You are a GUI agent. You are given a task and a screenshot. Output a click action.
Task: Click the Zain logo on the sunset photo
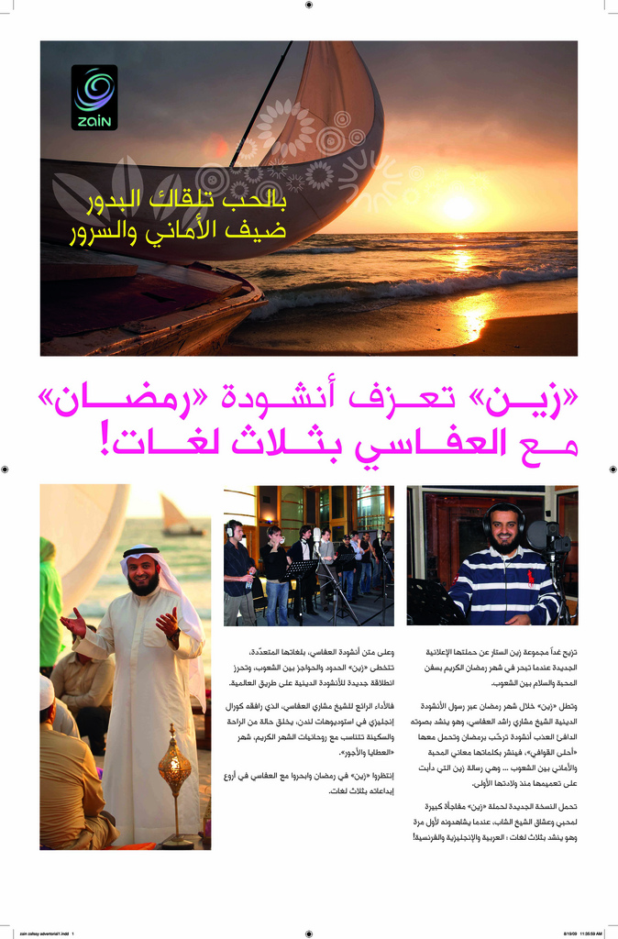coord(94,97)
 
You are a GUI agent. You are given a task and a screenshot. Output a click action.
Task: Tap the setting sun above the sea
coord(458,205)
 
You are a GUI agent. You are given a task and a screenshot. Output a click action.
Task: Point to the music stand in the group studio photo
coord(301,569)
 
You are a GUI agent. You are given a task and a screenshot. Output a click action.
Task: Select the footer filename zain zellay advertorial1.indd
coord(46,933)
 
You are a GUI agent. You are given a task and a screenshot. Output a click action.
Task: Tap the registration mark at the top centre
coord(309,5)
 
